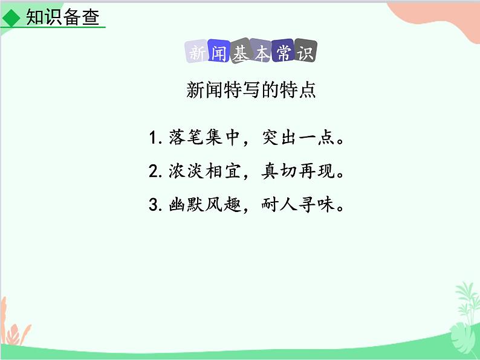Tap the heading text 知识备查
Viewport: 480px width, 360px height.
click(x=62, y=17)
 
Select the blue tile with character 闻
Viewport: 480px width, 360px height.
click(x=219, y=53)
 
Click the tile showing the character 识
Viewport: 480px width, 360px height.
click(x=305, y=53)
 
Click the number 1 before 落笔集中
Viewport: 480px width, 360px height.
click(x=154, y=139)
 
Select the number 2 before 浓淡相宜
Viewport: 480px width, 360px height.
click(x=154, y=172)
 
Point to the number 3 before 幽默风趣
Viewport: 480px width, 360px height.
click(x=154, y=205)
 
